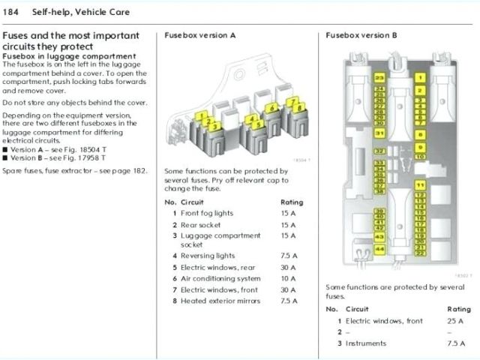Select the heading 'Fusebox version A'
199,35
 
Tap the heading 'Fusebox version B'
362,35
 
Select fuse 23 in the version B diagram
380,78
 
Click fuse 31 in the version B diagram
380,133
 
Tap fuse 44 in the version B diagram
380,249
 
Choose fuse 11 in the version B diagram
420,184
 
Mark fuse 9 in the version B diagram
420,145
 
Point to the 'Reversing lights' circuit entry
208,256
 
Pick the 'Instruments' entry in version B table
366,343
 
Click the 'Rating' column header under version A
292,202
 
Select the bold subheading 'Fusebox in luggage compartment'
70,56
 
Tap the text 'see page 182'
124,171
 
